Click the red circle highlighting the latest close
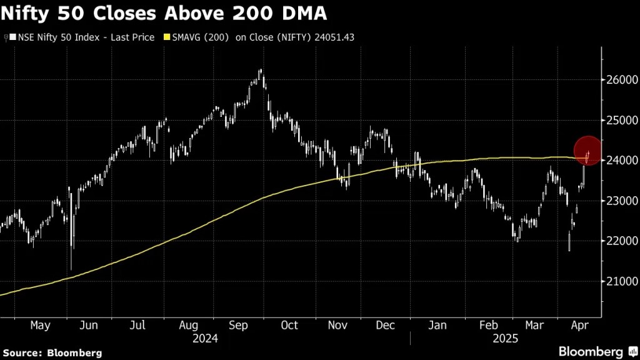point(587,151)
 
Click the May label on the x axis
point(39,326)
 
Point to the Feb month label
point(489,326)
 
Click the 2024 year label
point(206,338)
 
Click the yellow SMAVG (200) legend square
point(166,37)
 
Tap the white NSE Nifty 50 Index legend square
point(12,37)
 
